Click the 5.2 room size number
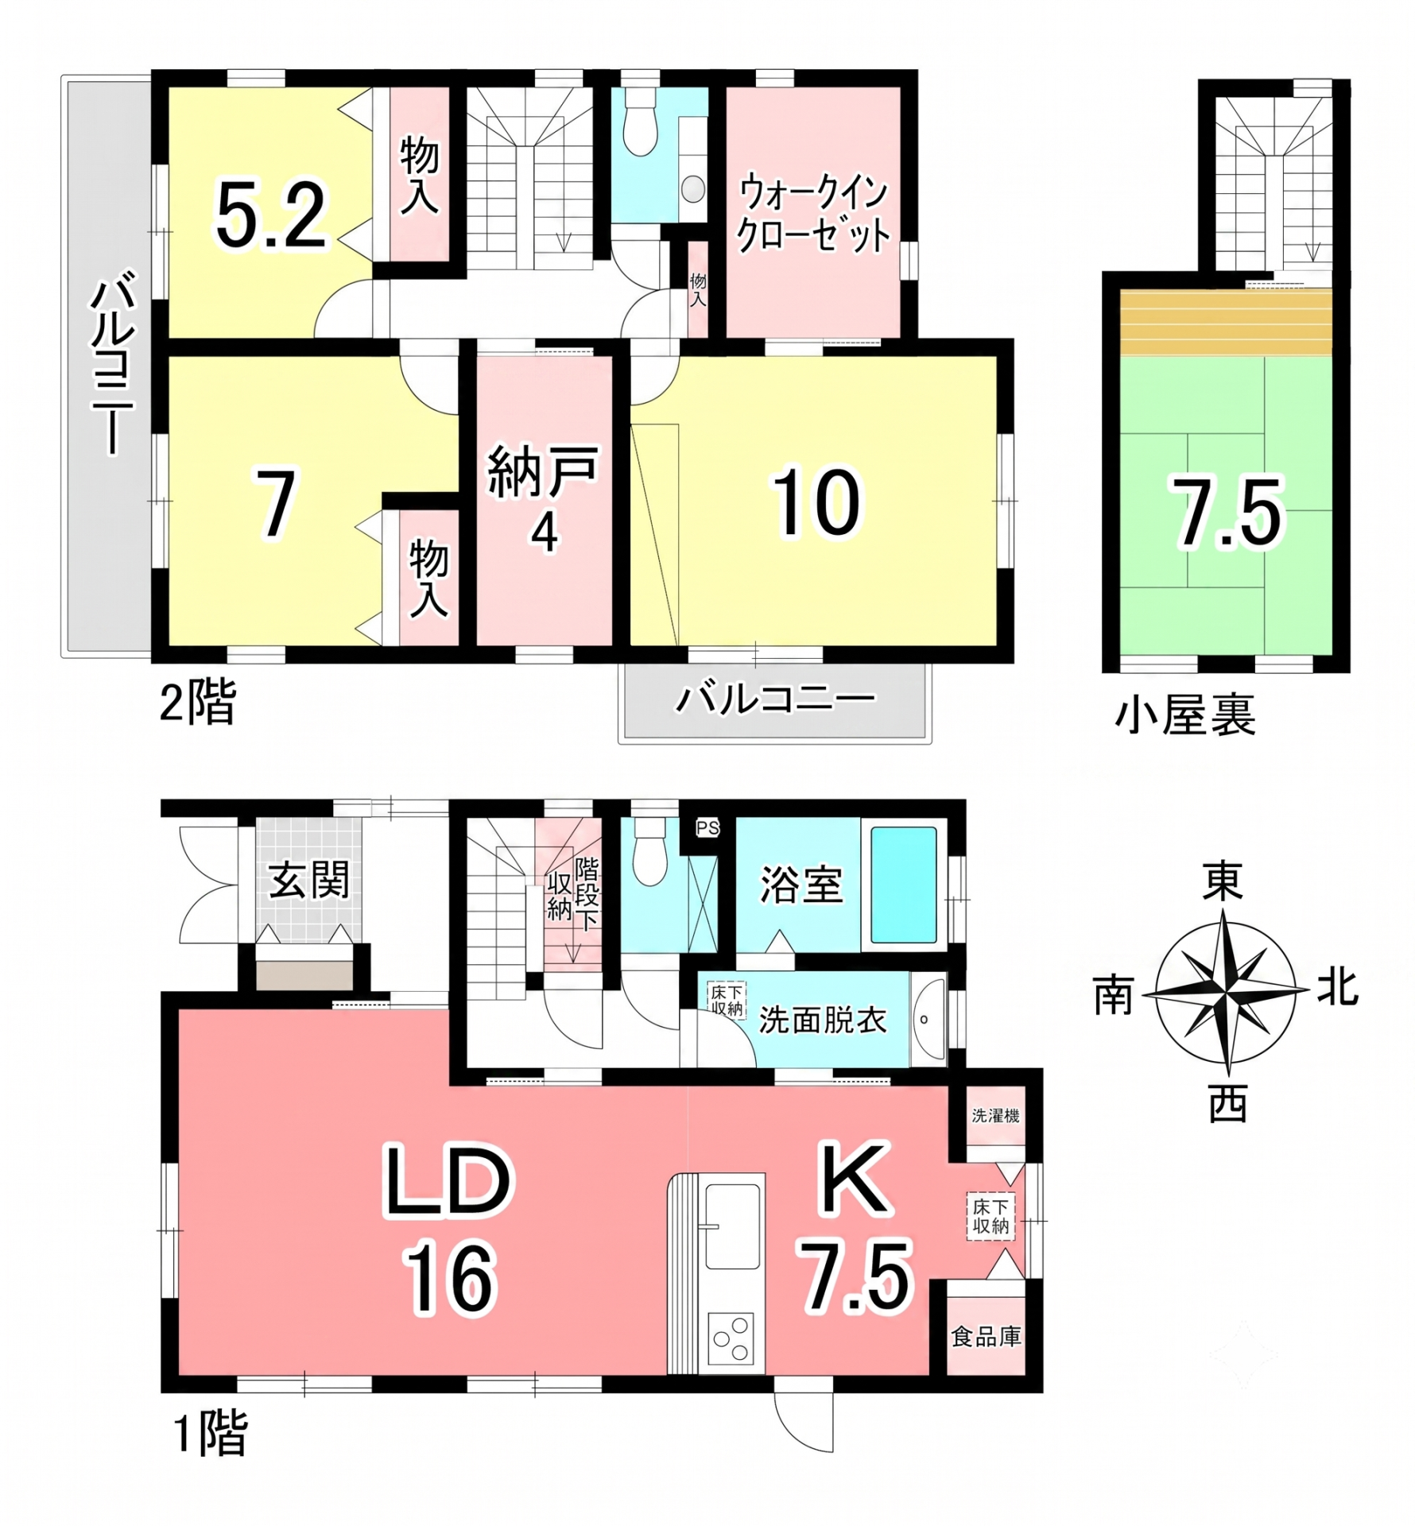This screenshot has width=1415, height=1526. [271, 215]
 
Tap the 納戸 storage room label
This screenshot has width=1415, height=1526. [543, 472]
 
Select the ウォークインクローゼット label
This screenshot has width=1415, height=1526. [813, 215]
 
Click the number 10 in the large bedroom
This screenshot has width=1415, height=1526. [816, 502]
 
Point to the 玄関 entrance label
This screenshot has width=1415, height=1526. [309, 881]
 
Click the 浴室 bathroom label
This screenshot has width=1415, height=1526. [801, 885]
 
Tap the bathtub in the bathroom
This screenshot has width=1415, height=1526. [904, 885]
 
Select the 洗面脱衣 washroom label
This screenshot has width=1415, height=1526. [823, 1021]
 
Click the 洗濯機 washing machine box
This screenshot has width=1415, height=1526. [995, 1115]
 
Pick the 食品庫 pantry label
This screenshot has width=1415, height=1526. [986, 1337]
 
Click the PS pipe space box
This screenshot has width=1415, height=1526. [707, 827]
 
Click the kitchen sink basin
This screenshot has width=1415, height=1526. [733, 1227]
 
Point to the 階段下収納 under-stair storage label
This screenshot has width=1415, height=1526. [572, 894]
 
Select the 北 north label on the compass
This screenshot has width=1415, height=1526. [1337, 990]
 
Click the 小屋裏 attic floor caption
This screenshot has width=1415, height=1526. [1184, 715]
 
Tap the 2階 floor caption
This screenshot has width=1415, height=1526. [198, 703]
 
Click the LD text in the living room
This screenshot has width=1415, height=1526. [448, 1182]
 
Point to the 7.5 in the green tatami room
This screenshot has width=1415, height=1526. [1228, 513]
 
